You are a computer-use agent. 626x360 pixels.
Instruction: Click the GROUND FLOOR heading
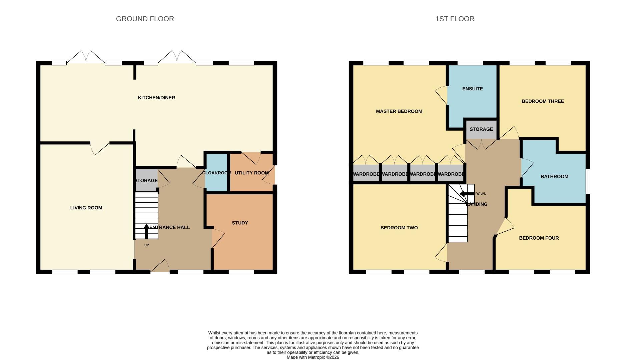click(145, 19)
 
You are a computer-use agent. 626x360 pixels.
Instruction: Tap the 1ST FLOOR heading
click(455, 19)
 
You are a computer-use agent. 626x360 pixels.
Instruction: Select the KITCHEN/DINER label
click(156, 98)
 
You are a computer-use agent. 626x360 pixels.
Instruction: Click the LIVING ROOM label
click(86, 208)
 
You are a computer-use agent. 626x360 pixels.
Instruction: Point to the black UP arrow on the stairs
click(146, 231)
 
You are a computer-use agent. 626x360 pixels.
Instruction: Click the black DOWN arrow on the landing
click(466, 194)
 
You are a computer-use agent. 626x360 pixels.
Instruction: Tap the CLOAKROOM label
click(216, 173)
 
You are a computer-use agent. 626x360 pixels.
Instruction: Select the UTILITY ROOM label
click(251, 173)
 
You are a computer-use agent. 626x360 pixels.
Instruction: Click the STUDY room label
click(240, 223)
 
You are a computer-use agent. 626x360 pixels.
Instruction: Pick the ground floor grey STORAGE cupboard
click(146, 180)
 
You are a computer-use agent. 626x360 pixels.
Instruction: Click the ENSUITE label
click(472, 89)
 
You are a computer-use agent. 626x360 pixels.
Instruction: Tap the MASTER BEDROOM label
click(399, 111)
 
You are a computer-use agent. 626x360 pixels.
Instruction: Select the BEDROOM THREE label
click(543, 101)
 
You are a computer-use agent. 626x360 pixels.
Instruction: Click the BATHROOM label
click(554, 176)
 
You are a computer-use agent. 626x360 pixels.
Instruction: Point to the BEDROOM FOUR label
click(539, 238)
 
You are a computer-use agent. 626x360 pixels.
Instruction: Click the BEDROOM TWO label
click(399, 228)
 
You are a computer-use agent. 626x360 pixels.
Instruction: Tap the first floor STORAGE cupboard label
click(481, 129)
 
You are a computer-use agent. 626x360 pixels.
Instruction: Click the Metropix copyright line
click(313, 357)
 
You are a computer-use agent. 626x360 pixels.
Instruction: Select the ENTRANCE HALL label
click(170, 227)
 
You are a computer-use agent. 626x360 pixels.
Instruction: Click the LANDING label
click(477, 204)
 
